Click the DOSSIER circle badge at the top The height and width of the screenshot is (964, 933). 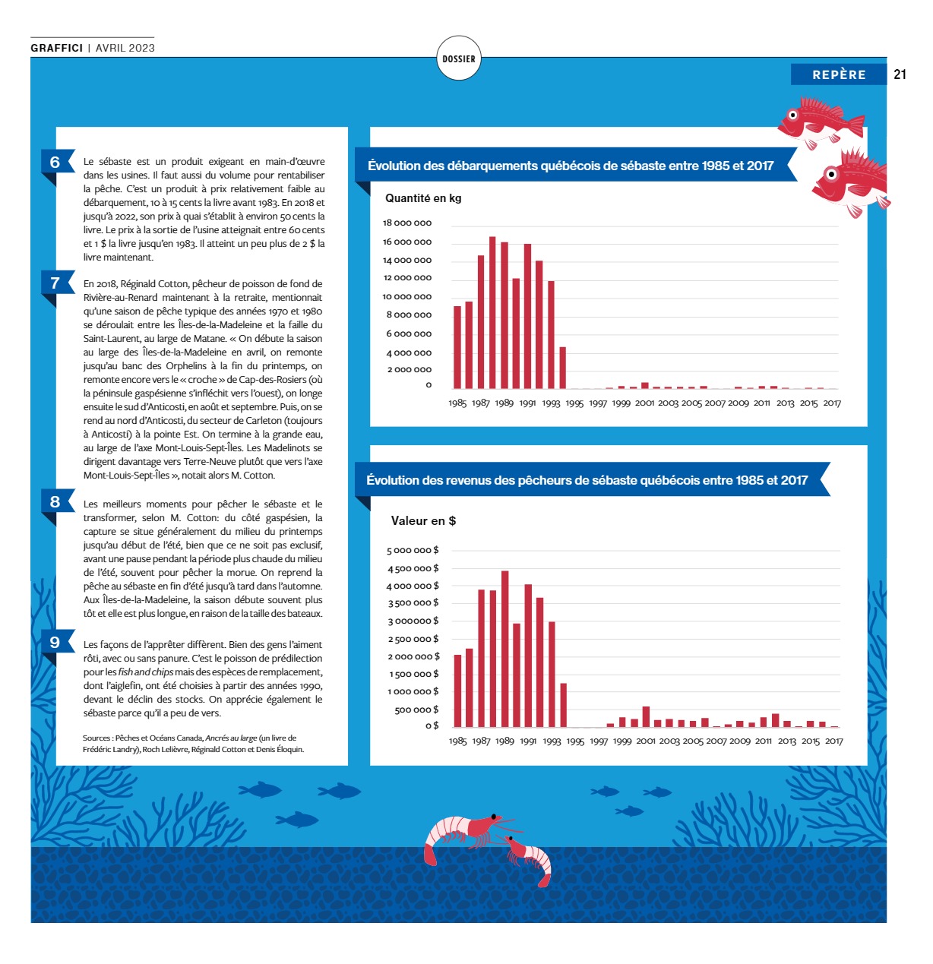click(459, 58)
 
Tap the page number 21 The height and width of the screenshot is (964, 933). click(900, 74)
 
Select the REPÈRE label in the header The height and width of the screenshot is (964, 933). click(839, 74)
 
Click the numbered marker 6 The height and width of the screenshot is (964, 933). click(55, 162)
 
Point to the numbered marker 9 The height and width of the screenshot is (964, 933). click(55, 643)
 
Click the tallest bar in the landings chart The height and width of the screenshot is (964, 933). click(492, 313)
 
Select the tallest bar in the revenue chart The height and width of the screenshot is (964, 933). click(505, 649)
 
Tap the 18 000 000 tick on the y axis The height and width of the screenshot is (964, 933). click(407, 223)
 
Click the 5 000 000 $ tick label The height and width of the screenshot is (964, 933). click(413, 550)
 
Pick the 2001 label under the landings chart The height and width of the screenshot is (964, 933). click(644, 403)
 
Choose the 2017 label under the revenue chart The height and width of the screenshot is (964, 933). click(833, 741)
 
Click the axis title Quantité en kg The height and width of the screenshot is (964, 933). click(423, 198)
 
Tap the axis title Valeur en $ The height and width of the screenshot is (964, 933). click(423, 521)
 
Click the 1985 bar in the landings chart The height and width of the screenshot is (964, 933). click(457, 347)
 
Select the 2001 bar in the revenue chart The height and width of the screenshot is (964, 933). click(646, 717)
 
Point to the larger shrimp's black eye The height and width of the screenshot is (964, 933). click(494, 817)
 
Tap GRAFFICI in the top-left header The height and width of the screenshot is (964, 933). click(57, 48)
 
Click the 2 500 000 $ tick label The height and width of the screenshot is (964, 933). click(413, 639)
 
